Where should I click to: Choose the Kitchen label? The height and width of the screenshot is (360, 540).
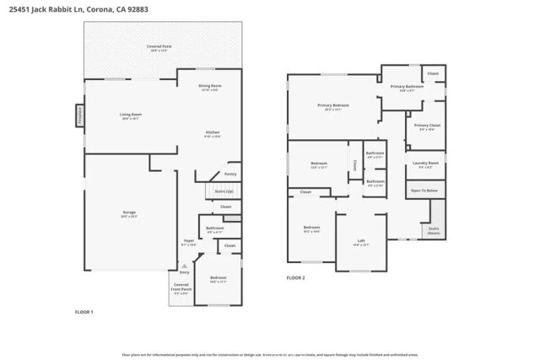coord(213,132)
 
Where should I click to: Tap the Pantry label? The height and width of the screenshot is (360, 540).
coord(230,174)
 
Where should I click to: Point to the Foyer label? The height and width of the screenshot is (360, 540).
coord(190,241)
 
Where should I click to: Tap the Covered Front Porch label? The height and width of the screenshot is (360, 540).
coord(181,287)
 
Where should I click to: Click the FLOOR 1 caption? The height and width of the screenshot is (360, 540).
coord(84,312)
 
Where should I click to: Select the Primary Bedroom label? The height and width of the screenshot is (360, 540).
coord(333,105)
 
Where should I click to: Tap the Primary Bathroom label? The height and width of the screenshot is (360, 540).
coord(407,87)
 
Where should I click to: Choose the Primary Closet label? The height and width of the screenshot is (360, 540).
coord(424,126)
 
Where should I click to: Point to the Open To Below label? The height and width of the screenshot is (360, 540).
coord(424,191)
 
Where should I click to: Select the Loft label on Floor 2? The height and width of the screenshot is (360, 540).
coord(361,240)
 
